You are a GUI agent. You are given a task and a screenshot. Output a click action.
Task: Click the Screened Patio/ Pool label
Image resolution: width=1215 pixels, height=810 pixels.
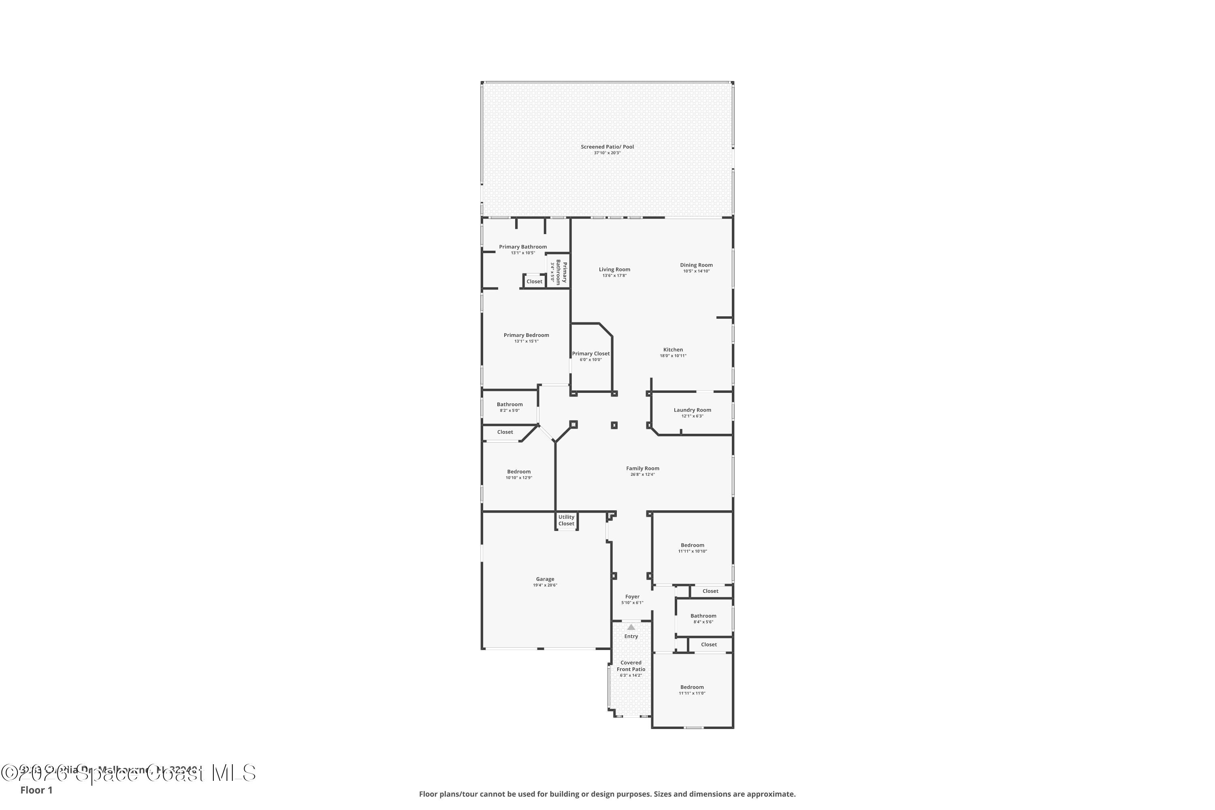click(x=607, y=147)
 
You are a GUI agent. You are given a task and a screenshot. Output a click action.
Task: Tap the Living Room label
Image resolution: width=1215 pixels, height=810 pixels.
click(x=614, y=269)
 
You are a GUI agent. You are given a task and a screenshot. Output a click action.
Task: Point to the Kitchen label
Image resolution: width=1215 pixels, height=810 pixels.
click(x=673, y=350)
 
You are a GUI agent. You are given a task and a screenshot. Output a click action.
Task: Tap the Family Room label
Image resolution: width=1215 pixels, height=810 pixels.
click(x=643, y=469)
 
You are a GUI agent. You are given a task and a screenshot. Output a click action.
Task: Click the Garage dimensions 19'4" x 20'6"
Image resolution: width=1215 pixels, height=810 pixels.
click(x=545, y=585)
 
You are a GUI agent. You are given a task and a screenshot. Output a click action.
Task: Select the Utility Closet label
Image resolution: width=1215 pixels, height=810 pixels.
click(x=566, y=520)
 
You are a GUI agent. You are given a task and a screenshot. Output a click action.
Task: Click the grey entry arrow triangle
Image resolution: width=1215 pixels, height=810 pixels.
click(x=631, y=627)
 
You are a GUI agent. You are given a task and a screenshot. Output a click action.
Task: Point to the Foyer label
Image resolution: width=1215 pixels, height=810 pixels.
click(x=632, y=597)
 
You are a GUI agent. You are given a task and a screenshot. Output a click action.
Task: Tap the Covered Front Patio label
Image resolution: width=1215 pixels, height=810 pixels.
click(x=631, y=666)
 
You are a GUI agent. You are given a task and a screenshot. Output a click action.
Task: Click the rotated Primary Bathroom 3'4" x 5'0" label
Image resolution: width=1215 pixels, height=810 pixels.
click(x=558, y=272)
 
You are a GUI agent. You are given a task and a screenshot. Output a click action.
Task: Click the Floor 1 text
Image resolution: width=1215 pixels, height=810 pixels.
click(x=36, y=790)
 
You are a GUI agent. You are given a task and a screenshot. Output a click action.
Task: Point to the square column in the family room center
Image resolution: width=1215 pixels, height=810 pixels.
click(x=614, y=425)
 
